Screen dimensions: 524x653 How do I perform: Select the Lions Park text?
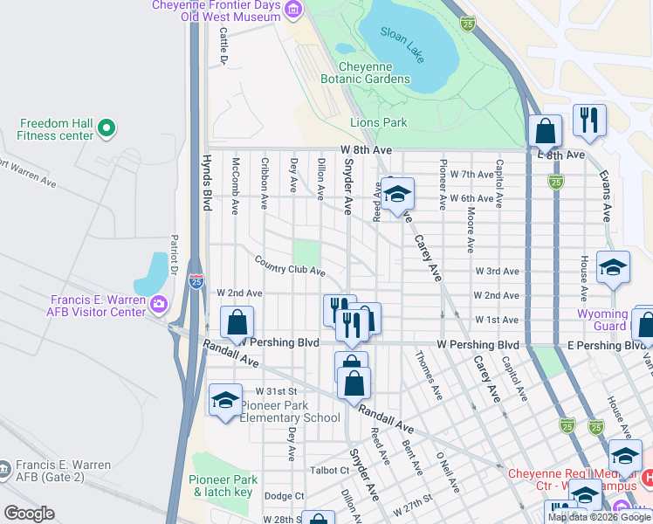(x=379, y=123)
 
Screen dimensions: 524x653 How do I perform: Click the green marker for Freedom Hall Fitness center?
(x=107, y=129)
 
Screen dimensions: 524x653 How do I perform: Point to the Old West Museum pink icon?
(x=293, y=10)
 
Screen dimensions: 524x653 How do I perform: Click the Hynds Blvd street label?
(x=207, y=183)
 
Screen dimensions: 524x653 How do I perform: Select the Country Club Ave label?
(x=290, y=266)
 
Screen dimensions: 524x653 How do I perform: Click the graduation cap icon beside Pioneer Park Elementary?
(x=225, y=401)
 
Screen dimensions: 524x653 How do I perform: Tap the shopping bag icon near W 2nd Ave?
(x=237, y=323)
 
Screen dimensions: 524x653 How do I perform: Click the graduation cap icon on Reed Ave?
(x=397, y=194)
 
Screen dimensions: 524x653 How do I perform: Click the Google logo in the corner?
(x=29, y=514)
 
